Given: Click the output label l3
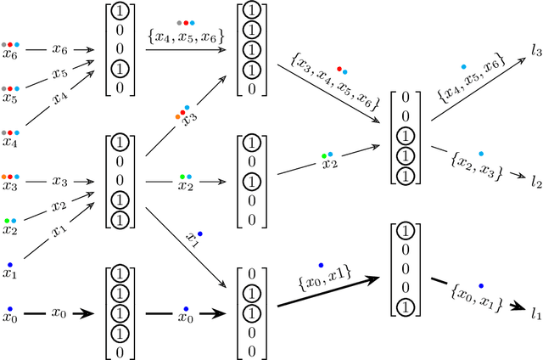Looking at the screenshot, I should [x=535, y=53].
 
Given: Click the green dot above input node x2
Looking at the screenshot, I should [x=5, y=220].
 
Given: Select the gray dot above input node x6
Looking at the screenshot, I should [x=4, y=43].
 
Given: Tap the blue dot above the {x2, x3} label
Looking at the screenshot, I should [x=481, y=154].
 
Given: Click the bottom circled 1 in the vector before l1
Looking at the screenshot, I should [x=406, y=307].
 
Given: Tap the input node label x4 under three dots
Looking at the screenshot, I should [x=10, y=143].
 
